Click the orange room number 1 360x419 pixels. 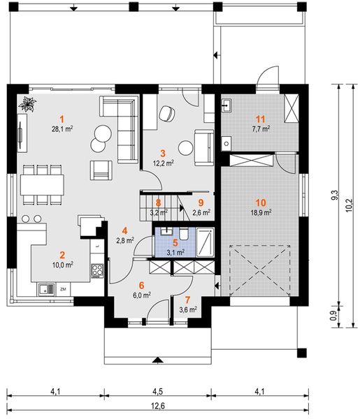[62, 119]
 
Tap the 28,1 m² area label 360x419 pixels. [62, 129]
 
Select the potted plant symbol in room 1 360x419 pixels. [27, 104]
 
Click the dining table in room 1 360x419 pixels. [42, 184]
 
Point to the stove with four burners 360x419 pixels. [97, 270]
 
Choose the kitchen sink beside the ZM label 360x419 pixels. [47, 290]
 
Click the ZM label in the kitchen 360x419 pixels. [64, 289]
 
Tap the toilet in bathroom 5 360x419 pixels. [184, 234]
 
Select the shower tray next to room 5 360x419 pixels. [205, 242]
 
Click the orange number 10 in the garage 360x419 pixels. [261, 203]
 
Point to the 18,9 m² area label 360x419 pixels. [261, 213]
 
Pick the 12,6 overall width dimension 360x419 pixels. [158, 406]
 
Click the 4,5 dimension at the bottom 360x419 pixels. [158, 392]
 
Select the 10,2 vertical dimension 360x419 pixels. [349, 206]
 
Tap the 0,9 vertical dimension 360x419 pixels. [333, 316]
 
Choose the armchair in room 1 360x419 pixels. [101, 170]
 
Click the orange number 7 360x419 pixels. [187, 300]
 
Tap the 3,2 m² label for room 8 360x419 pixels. [159, 212]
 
